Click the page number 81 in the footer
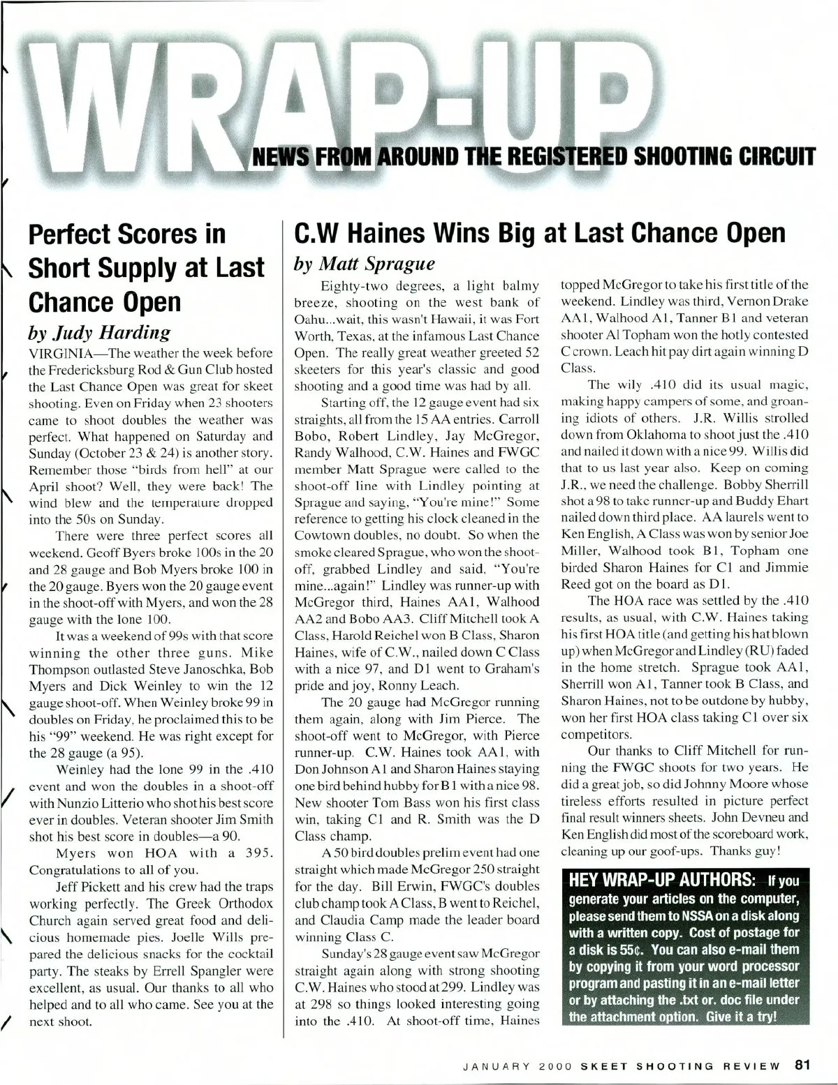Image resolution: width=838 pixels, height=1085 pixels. coord(801,1065)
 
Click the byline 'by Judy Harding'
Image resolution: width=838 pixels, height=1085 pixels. coord(98,331)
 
